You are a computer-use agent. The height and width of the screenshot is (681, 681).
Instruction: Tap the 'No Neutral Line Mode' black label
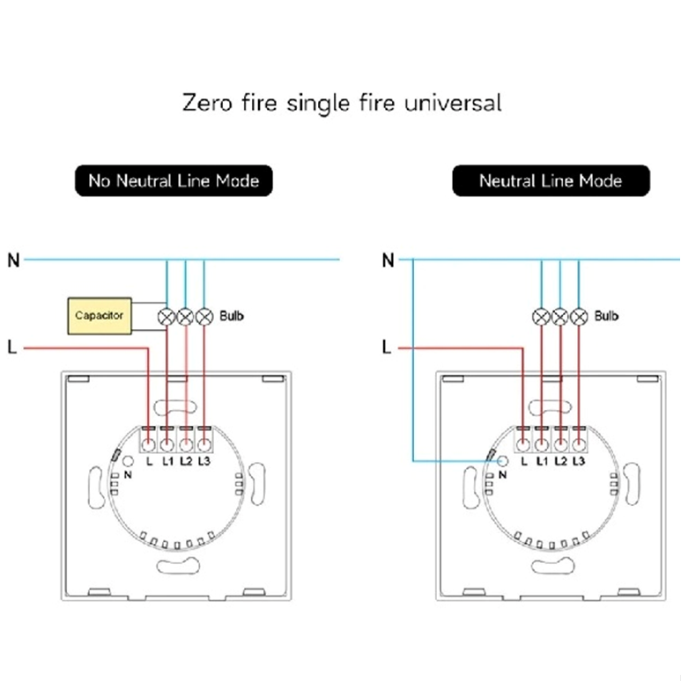(x=174, y=181)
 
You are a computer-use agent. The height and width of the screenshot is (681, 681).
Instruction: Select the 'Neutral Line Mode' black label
(x=551, y=181)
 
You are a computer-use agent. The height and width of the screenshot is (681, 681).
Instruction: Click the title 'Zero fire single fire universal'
(x=342, y=102)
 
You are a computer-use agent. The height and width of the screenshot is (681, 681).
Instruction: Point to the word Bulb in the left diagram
(x=232, y=315)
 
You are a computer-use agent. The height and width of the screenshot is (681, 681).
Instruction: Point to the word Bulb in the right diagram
(x=607, y=315)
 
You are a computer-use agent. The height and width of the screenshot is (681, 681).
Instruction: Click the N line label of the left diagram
(x=12, y=260)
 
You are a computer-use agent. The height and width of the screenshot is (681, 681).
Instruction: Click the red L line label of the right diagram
(x=386, y=348)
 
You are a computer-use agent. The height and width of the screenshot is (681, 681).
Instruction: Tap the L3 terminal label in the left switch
(x=204, y=461)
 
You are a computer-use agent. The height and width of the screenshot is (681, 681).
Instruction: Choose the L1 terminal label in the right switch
(x=541, y=461)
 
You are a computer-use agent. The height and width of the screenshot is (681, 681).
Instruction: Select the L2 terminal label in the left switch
(x=186, y=461)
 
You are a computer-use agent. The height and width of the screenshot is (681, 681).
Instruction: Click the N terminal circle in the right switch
(x=502, y=460)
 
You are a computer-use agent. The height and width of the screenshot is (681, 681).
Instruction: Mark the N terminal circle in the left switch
(x=128, y=460)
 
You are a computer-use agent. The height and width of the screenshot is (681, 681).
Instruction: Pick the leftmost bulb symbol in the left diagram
(x=166, y=315)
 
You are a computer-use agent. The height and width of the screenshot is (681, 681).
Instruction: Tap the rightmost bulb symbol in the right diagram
(x=579, y=315)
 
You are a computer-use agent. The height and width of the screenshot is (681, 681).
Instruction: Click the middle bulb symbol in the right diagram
(x=559, y=315)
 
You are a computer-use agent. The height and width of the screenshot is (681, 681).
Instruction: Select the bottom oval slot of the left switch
(x=176, y=567)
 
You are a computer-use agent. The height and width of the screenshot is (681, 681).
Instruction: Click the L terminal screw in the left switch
(x=148, y=444)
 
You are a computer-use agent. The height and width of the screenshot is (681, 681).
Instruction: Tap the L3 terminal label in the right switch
(x=579, y=461)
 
